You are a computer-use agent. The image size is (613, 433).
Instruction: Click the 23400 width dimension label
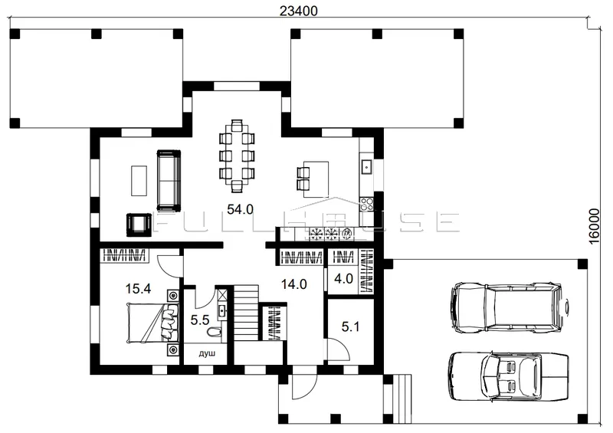click(298, 11)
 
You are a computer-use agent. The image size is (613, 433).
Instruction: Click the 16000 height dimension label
click(593, 226)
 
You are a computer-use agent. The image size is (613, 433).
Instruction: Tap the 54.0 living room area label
click(240, 209)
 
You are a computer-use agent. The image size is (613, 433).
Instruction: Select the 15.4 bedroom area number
click(138, 289)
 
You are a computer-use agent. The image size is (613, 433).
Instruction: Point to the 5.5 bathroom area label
click(200, 321)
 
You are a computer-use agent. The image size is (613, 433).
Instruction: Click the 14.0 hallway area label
click(294, 284)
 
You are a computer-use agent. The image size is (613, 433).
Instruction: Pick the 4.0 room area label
click(343, 278)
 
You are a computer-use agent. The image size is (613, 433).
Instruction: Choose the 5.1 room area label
click(350, 326)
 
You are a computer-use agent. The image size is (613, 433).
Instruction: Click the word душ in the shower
click(207, 353)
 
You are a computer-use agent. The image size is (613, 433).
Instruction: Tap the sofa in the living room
click(169, 180)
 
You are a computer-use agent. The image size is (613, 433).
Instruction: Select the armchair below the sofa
click(139, 225)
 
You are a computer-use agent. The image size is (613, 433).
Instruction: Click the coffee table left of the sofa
click(139, 180)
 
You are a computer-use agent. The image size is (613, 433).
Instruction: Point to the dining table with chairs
click(237, 156)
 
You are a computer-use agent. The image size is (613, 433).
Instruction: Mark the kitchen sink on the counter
click(366, 166)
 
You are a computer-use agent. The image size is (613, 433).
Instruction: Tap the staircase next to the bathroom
click(246, 313)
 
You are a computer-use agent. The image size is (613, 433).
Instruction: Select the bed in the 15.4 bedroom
click(152, 323)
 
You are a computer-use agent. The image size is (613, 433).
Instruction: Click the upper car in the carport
click(510, 307)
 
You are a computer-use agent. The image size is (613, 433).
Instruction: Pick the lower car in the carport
click(508, 376)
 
